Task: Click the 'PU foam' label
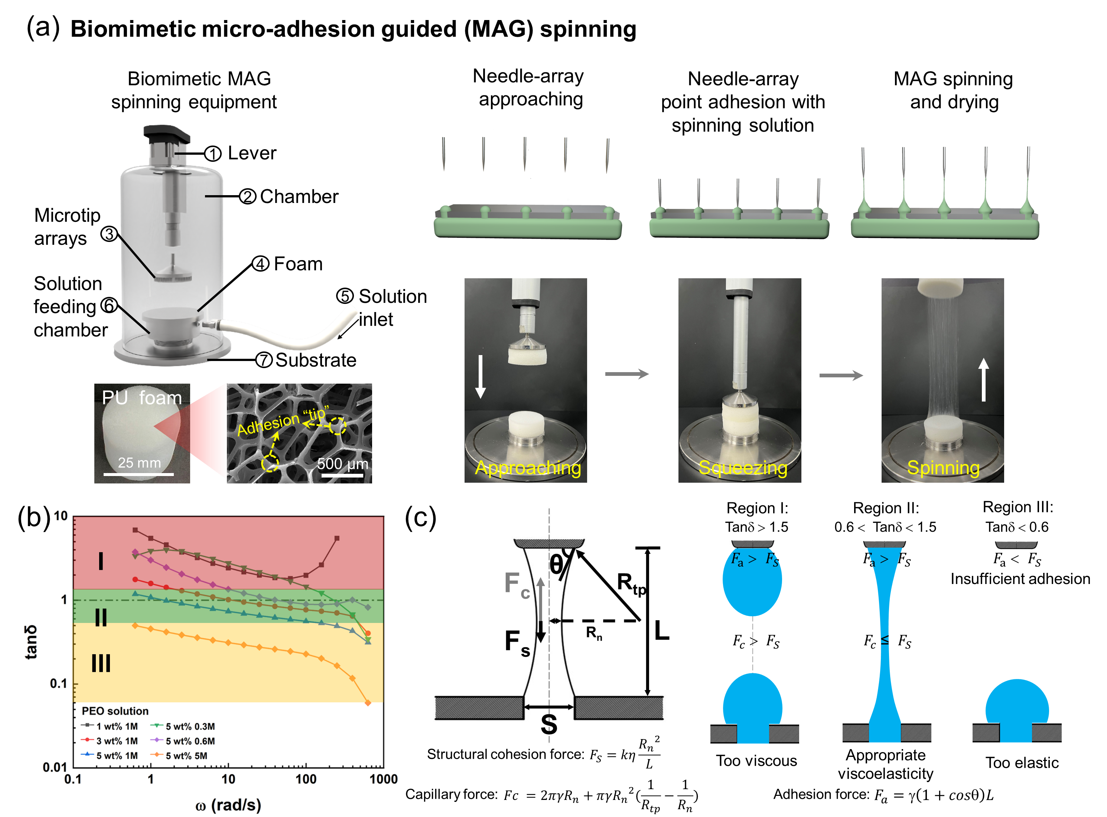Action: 141,398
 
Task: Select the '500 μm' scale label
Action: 342,464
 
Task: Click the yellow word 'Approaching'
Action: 528,468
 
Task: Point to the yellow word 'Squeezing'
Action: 742,468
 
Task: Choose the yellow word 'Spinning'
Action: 943,468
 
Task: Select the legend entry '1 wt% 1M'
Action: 117,726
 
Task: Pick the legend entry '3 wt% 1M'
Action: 117,741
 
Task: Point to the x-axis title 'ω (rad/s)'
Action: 228,805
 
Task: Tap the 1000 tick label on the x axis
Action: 384,780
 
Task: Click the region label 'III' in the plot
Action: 101,663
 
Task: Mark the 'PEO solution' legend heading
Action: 115,711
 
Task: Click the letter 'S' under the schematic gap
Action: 549,725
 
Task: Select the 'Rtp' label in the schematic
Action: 631,584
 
